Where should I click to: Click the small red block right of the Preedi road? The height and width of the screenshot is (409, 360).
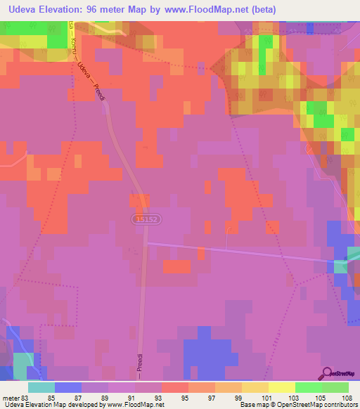pos(176,266)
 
